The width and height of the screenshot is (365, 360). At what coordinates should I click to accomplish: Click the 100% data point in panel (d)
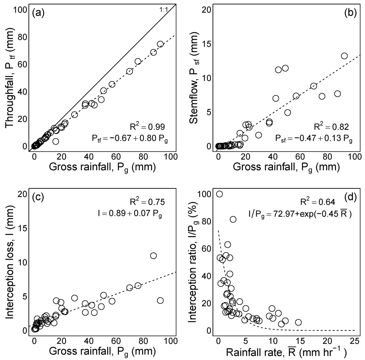coord(220,194)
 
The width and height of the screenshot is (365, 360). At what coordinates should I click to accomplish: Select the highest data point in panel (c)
coord(153,255)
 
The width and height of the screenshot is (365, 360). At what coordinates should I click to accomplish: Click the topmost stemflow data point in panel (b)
coord(344,56)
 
